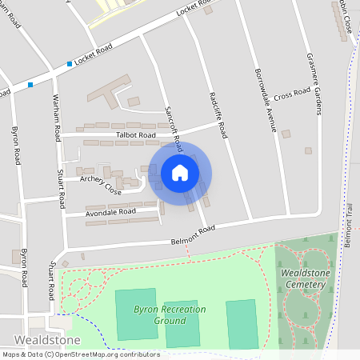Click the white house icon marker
[x=179, y=172]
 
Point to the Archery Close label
[x=101, y=186]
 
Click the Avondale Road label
[x=111, y=212]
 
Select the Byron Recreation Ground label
[x=170, y=314]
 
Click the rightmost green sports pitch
[x=242, y=324]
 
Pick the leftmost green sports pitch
[x=135, y=314]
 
